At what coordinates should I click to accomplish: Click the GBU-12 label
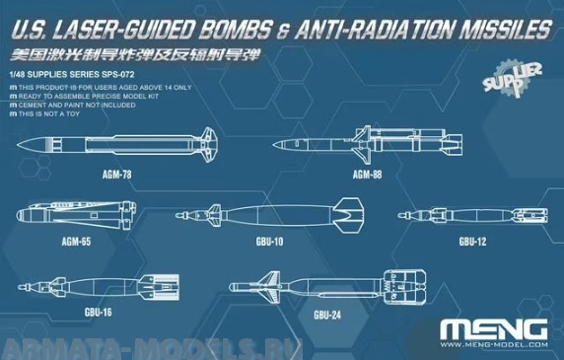[x=474, y=240]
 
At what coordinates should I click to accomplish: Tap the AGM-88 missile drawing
[x=366, y=145]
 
